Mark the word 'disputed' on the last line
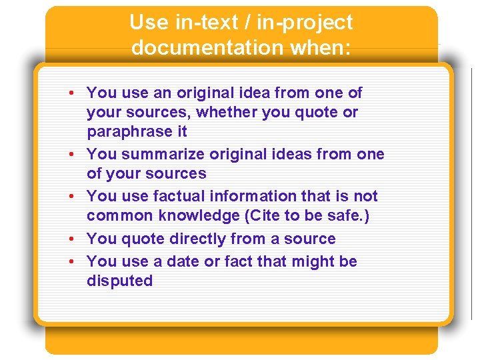[119, 281]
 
